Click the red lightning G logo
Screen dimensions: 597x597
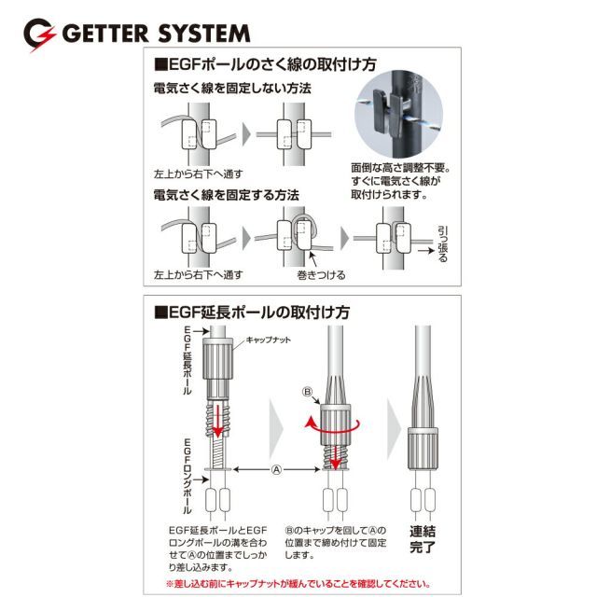39,35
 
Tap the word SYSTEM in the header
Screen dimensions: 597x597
203,34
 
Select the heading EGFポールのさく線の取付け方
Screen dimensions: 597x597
265,64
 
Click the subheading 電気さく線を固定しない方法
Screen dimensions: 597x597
232,89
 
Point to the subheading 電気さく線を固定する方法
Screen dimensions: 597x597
226,195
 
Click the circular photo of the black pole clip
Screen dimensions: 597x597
399,114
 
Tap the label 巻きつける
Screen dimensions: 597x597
321,275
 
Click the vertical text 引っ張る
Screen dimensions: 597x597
442,244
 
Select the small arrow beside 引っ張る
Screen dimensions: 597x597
426,251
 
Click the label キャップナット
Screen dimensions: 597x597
268,340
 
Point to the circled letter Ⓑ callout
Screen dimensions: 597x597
307,392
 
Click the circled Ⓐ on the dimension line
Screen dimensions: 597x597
276,470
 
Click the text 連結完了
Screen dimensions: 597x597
423,539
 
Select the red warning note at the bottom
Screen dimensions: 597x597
298,584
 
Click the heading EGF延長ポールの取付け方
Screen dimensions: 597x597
252,312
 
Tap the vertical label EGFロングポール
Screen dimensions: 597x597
187,476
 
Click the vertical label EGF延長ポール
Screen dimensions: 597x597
187,360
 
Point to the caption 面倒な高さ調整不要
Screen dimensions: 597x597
400,168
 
